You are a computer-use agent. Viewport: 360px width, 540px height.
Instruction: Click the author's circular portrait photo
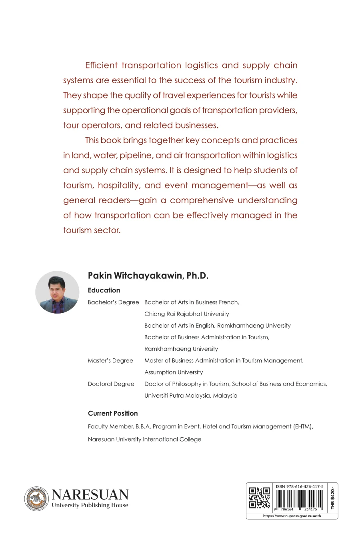click(x=57, y=292)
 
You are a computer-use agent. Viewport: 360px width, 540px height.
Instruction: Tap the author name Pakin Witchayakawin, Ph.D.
click(x=148, y=276)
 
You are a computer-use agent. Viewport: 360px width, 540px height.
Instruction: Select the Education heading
click(x=104, y=290)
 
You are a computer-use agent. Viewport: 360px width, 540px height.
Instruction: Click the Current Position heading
click(x=113, y=414)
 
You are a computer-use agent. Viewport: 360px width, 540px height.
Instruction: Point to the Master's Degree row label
click(x=110, y=360)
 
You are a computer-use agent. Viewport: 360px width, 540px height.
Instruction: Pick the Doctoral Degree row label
click(x=111, y=384)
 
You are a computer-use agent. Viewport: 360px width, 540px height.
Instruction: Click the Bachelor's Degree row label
click(x=113, y=302)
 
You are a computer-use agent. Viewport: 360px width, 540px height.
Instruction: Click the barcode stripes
click(x=299, y=498)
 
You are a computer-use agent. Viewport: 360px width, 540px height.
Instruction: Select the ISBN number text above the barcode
click(x=300, y=487)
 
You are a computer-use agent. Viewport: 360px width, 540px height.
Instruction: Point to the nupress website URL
click(x=292, y=516)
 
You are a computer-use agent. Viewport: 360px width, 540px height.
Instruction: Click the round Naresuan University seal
click(x=37, y=498)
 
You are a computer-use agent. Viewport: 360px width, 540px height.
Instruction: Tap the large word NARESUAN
click(x=90, y=495)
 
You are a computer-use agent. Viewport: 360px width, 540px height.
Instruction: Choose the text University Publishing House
click(x=90, y=505)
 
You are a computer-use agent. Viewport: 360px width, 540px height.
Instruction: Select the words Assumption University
click(x=174, y=372)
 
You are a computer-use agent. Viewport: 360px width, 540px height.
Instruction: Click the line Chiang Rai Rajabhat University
click(x=187, y=314)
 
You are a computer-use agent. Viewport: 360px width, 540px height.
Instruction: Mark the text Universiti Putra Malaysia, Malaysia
click(x=191, y=396)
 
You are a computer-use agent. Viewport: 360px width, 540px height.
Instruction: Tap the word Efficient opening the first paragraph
click(x=101, y=65)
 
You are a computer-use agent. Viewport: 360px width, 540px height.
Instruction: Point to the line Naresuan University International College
click(x=144, y=439)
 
